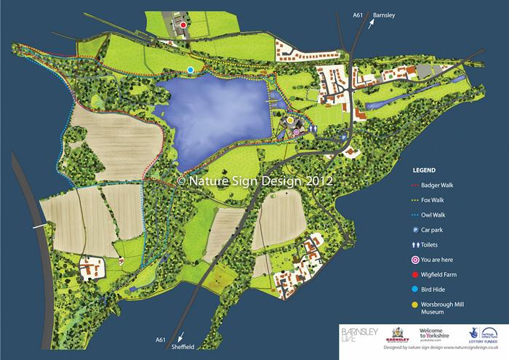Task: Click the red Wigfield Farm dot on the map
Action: (x=183, y=25)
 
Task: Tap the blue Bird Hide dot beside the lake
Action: (x=191, y=70)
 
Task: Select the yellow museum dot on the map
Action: (x=290, y=121)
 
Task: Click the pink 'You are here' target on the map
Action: (x=297, y=132)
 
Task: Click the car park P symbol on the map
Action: (x=342, y=135)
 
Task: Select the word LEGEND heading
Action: (x=425, y=169)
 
